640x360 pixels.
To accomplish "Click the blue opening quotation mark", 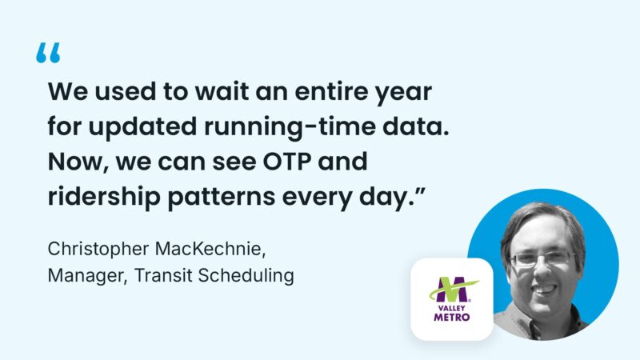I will point(49,54).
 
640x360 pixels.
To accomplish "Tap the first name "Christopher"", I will point(92,250).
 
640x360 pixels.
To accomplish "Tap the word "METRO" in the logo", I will point(451,316).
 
